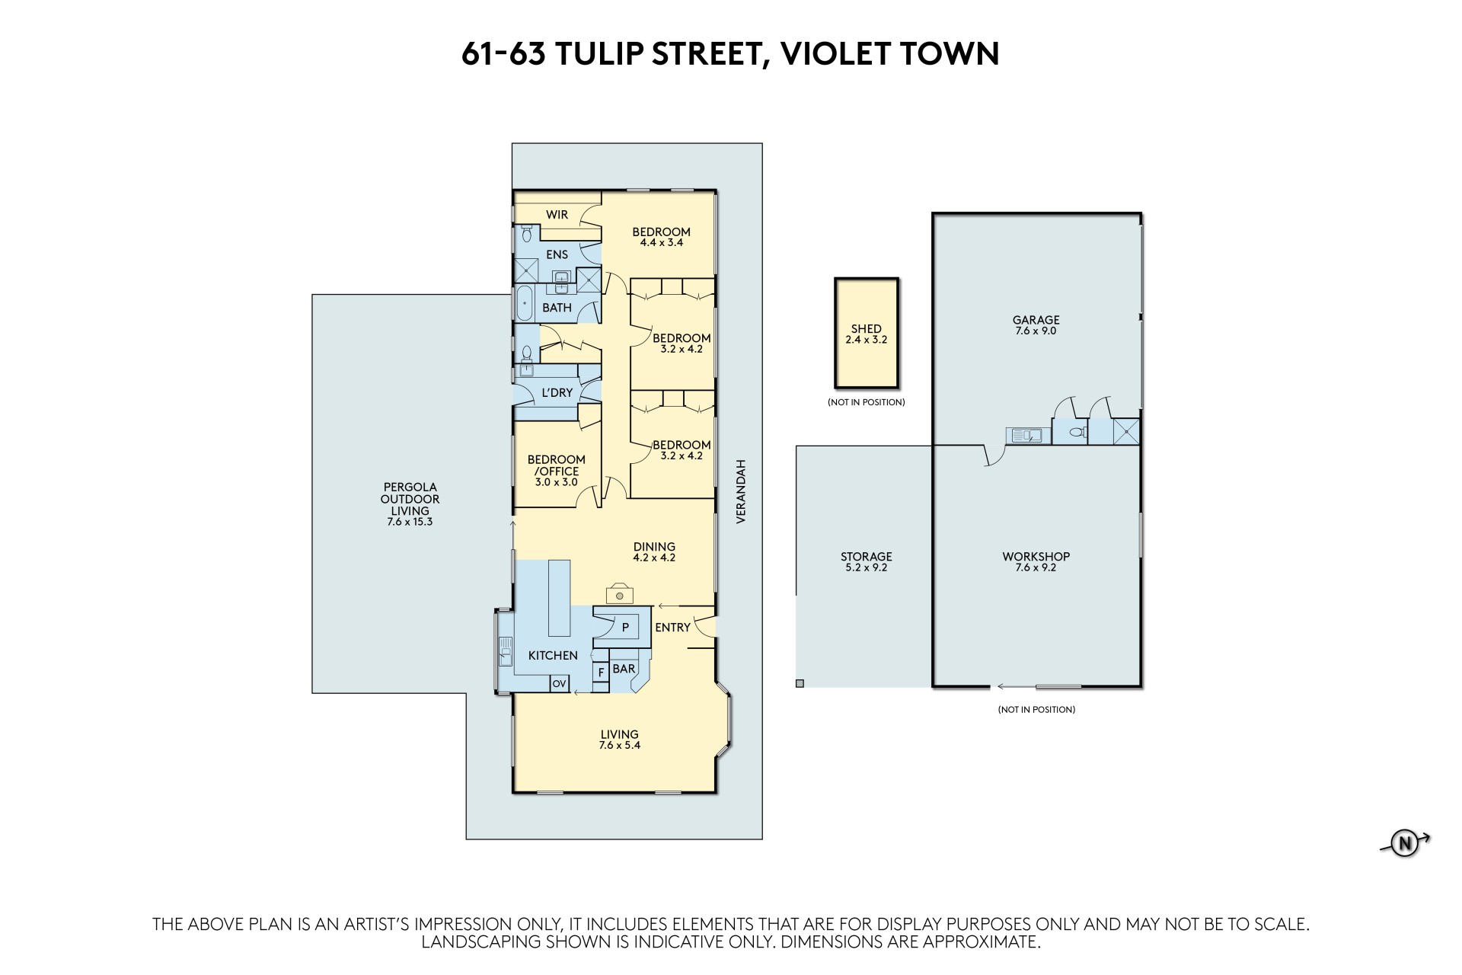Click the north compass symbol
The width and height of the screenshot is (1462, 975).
tap(1405, 843)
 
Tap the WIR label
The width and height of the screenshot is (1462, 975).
tap(557, 215)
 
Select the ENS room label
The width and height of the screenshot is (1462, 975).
tap(557, 254)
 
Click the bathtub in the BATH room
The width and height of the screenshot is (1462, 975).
tap(525, 303)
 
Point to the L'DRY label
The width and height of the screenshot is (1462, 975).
tap(557, 393)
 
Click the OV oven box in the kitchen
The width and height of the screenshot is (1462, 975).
tap(559, 684)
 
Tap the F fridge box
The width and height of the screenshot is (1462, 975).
tap(601, 672)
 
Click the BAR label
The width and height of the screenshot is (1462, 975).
tap(624, 669)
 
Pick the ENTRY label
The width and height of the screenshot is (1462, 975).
tap(672, 628)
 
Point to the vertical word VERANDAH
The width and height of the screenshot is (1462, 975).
tap(739, 491)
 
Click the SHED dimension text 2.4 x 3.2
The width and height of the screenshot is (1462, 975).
tap(867, 340)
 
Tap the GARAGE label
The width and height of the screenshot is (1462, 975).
tap(1036, 320)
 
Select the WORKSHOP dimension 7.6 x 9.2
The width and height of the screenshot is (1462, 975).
tap(1036, 567)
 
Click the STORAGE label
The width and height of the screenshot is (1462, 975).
tap(867, 557)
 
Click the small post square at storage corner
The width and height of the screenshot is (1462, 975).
tap(800, 684)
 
